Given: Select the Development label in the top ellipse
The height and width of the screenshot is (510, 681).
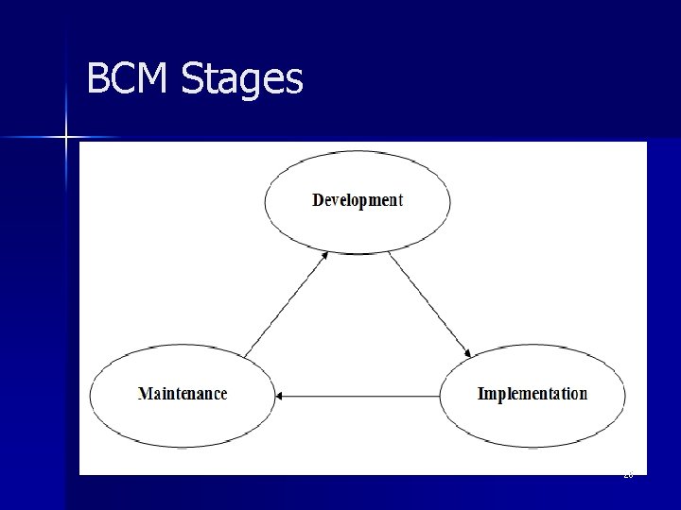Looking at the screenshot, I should [x=358, y=200].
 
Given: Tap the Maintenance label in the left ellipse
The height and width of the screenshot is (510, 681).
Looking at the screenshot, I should [x=183, y=394].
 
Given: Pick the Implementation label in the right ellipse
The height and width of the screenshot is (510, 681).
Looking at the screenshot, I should [x=532, y=394].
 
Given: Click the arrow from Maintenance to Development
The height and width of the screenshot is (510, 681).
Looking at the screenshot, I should [x=286, y=304].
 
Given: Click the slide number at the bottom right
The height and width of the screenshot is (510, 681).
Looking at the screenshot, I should [x=628, y=475].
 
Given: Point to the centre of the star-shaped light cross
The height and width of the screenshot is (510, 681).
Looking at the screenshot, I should [x=67, y=138].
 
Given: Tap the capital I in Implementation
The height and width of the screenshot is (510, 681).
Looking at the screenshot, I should [x=481, y=394].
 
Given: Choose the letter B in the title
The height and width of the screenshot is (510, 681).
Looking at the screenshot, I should [x=97, y=79].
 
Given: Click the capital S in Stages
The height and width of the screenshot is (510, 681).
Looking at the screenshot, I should [x=190, y=79].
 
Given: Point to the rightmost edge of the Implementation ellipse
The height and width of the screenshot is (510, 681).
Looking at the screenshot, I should [x=625, y=396].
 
